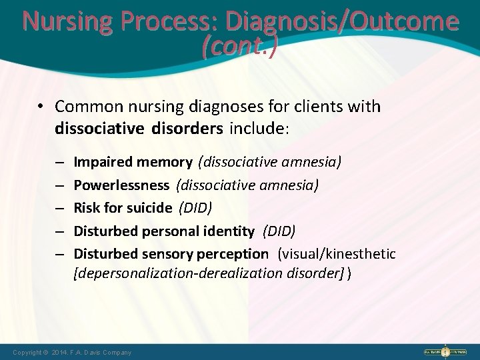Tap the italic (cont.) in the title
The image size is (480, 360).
pyautogui.click(x=240, y=47)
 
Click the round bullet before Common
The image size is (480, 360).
pyautogui.click(x=41, y=106)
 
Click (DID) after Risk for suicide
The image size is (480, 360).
pyautogui.click(x=195, y=207)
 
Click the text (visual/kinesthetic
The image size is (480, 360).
pyautogui.click(x=338, y=253)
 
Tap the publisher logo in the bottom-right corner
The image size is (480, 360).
pyautogui.click(x=447, y=351)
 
